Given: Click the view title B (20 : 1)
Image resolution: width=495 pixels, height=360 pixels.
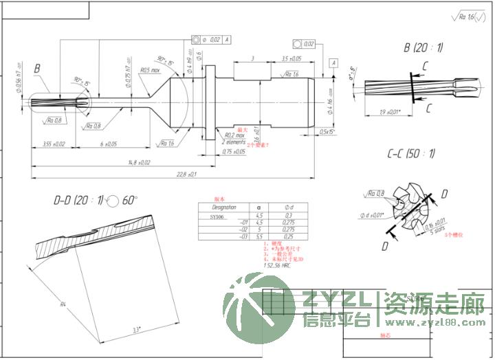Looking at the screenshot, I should pyautogui.click(x=423, y=47).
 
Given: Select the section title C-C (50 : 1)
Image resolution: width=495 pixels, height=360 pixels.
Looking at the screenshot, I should pyautogui.click(x=410, y=153).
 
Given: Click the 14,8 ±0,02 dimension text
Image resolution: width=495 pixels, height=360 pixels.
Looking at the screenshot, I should pyautogui.click(x=138, y=163).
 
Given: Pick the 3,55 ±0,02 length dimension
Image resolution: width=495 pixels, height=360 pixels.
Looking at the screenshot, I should pyautogui.click(x=54, y=144).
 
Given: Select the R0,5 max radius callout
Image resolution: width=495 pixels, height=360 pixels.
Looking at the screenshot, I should pyautogui.click(x=150, y=70).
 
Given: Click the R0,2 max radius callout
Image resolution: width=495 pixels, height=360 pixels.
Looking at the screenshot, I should pyautogui.click(x=234, y=135).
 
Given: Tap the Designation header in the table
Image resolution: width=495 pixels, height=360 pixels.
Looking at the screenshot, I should pyautogui.click(x=223, y=207).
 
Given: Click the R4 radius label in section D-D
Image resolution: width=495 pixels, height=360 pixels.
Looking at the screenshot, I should pyautogui.click(x=63, y=303).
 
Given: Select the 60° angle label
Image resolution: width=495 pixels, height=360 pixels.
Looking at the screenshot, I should pyautogui.click(x=130, y=201).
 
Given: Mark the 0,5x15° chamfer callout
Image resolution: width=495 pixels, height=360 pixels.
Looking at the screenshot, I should pyautogui.click(x=327, y=131).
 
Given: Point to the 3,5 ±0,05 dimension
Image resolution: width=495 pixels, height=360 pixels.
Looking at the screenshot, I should pyautogui.click(x=296, y=59).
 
